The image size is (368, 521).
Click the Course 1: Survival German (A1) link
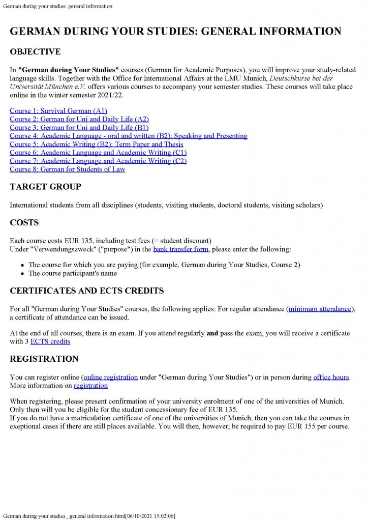[58, 110]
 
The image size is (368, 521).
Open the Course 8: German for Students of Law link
[67, 169]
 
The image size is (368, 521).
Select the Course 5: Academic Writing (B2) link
[97, 144]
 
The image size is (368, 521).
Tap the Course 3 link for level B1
[79, 127]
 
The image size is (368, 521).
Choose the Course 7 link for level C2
[98, 161]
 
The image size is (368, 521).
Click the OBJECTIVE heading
[35, 52]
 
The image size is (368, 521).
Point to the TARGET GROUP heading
[45, 187]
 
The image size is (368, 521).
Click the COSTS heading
[24, 222]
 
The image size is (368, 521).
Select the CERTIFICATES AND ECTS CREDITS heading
[87, 291]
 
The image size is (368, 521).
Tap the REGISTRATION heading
[44, 359]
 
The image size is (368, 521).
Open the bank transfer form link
[181, 249]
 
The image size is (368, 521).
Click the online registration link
[111, 377]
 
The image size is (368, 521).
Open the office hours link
[331, 377]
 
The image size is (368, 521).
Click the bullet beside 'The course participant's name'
[23, 274]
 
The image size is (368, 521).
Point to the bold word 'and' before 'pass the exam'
[212, 333]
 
